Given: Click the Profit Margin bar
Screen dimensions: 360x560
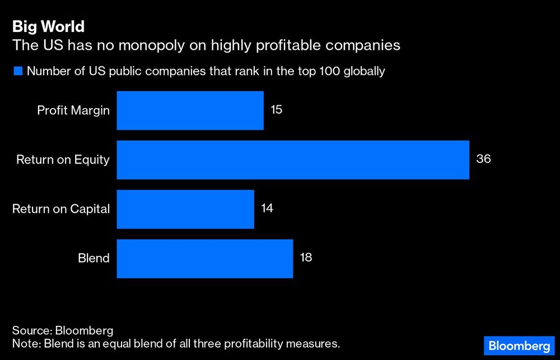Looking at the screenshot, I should pos(190,111).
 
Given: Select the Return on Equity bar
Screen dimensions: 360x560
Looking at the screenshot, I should pos(292,160).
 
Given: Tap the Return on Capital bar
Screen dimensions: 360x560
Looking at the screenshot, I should pos(185,209).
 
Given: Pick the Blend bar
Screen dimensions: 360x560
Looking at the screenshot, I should pos(204,258).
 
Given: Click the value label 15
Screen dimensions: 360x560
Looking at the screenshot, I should pos(277,109).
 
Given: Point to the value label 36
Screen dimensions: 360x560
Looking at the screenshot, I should pos(483,158).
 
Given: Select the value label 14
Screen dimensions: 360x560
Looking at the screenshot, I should pos(267,208).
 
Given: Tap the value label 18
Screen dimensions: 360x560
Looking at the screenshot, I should pos(305,258).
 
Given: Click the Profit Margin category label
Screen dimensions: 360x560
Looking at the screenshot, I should pos(73,110).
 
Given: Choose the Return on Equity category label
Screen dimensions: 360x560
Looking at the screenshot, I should pos(63,160).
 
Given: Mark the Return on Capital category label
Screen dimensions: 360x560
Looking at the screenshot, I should pos(61,209).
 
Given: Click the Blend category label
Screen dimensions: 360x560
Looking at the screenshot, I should pos(94,258).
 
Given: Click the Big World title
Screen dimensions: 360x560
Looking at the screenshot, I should pos(48,26).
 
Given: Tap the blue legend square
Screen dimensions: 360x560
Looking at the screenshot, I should pos(17,72).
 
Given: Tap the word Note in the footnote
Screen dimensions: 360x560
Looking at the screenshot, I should pos(24,343).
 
